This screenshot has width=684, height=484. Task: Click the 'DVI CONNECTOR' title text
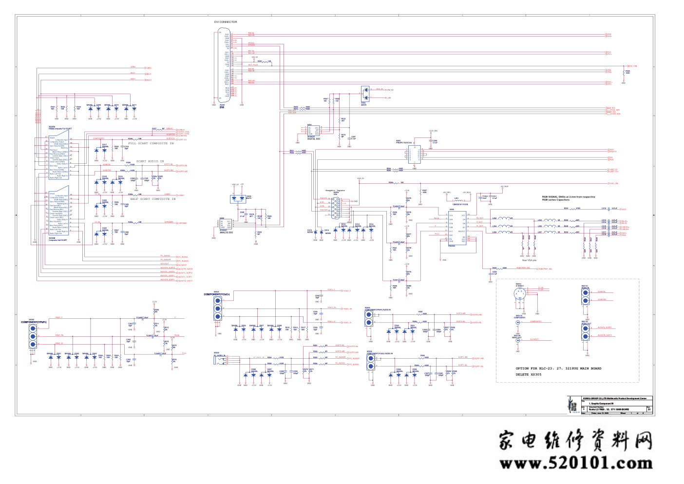point(226,22)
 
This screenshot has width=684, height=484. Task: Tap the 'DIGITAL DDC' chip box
point(313,131)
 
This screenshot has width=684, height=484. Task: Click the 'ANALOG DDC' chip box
point(225,224)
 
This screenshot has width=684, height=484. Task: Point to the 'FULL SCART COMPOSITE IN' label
point(151,143)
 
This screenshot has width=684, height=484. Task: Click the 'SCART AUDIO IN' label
point(150,161)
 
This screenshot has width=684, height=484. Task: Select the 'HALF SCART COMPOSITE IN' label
point(153,199)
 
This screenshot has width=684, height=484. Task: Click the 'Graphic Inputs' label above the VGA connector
point(335,191)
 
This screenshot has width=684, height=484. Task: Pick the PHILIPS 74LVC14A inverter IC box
point(415,154)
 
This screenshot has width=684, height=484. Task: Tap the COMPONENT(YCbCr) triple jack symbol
point(218,309)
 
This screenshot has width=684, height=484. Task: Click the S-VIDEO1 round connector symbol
point(519,293)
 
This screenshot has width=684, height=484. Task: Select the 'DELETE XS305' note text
point(528,374)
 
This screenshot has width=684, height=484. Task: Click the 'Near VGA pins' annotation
point(529,260)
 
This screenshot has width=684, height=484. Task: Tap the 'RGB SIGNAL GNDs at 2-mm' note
point(568,197)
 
